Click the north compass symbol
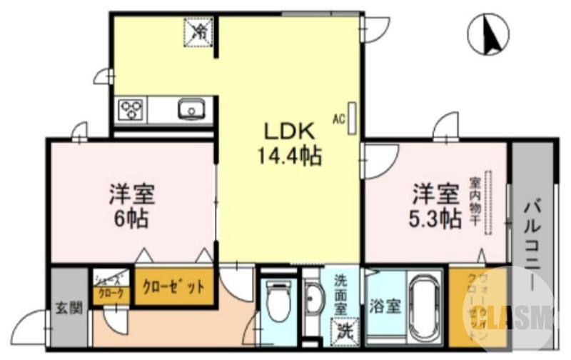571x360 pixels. pyautogui.click(x=488, y=35)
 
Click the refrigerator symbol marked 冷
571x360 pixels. pyautogui.click(x=201, y=31)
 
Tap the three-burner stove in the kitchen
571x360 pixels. pyautogui.click(x=132, y=109)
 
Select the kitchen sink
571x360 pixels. pyautogui.click(x=191, y=110)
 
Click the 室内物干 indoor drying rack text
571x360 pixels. pyautogui.click(x=473, y=201)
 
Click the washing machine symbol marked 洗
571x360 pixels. pyautogui.click(x=345, y=331)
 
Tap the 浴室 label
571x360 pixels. pyautogui.click(x=385, y=308)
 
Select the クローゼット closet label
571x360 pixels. pyautogui.click(x=173, y=287)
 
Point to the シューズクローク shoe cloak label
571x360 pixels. pyautogui.click(x=111, y=286)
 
